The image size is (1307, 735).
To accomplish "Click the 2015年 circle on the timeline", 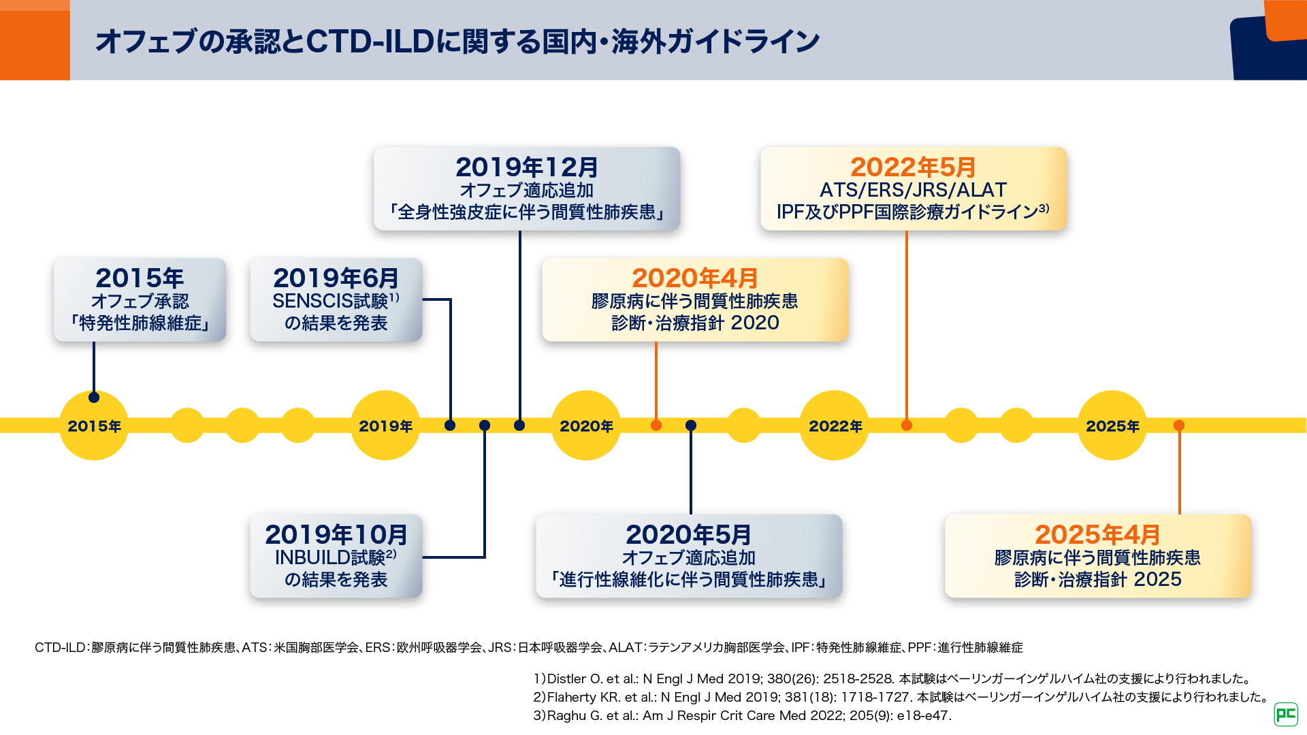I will (x=94, y=426).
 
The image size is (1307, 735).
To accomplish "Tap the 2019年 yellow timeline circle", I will (x=385, y=426).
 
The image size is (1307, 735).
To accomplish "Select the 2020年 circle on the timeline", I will (x=586, y=426).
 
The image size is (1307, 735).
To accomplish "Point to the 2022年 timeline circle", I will (x=835, y=426).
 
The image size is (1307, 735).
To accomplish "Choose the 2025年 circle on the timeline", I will (x=1112, y=426).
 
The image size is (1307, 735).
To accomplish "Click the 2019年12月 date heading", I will (x=527, y=167).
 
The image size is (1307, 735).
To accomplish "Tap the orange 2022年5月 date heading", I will (x=913, y=167).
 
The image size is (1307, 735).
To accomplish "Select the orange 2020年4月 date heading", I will (x=695, y=278).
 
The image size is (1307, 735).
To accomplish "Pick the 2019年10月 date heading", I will (x=336, y=535).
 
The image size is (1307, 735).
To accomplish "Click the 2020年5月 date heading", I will (x=689, y=535).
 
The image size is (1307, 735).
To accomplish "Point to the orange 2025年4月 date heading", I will (x=1097, y=535).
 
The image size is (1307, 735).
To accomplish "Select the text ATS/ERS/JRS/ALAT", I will (x=913, y=190).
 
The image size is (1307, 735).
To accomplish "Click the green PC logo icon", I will (x=1285, y=714).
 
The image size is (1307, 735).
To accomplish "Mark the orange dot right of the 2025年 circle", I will (x=1179, y=425).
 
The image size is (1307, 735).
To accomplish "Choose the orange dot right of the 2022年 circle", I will (x=906, y=425).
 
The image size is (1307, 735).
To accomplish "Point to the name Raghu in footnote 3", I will (x=566, y=716).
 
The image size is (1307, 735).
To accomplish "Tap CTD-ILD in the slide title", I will (x=370, y=42).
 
